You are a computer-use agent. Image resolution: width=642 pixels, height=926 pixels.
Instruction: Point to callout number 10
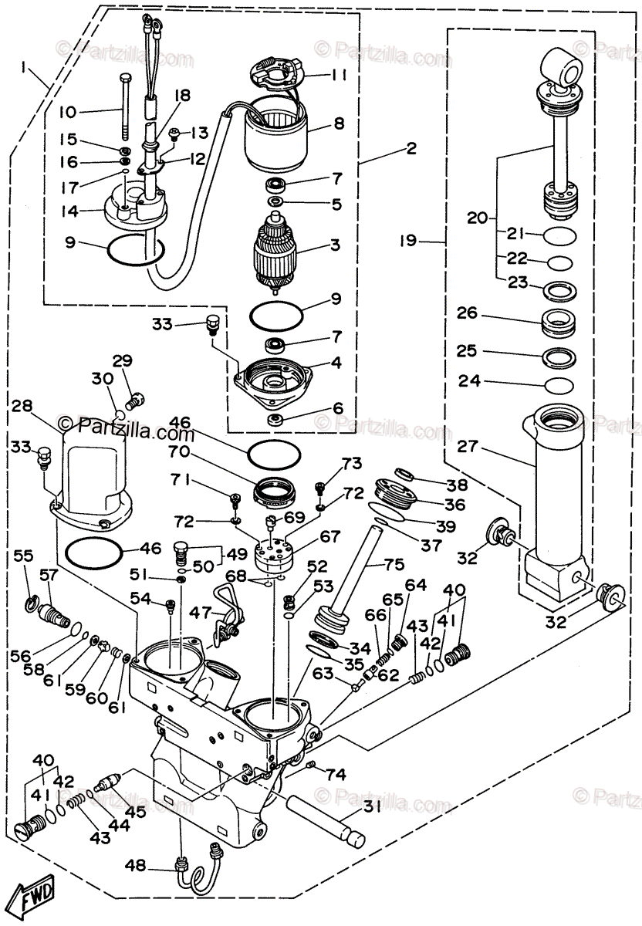tap(68, 112)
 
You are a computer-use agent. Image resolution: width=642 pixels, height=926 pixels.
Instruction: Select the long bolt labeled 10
tap(123, 104)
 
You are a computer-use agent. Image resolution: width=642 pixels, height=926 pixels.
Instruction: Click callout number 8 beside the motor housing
tap(338, 123)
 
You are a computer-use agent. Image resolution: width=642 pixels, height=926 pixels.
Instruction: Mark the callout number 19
tap(408, 242)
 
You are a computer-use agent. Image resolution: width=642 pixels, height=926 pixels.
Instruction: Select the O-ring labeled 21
tap(559, 233)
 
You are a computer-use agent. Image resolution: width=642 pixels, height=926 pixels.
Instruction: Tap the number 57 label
tap(49, 575)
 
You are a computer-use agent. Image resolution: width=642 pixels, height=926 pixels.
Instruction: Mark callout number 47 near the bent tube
tap(200, 613)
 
